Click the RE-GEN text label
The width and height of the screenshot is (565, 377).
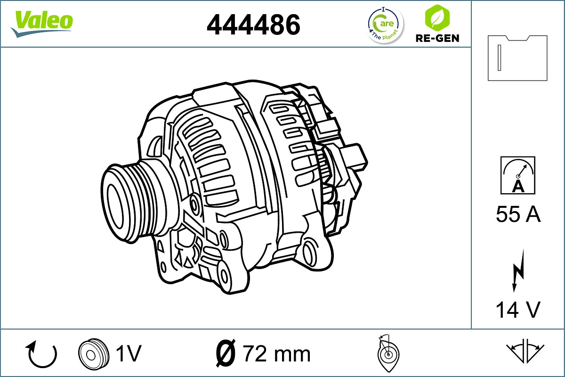point(437,38)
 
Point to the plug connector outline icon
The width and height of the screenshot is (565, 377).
point(517,57)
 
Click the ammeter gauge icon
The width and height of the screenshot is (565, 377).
point(518,175)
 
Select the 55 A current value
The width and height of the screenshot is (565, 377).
point(518,215)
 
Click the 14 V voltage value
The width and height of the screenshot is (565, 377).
point(518,310)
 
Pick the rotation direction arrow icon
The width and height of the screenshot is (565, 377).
point(42,354)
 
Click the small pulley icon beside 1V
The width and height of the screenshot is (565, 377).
point(90,353)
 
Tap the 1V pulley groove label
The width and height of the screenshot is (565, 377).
point(128,353)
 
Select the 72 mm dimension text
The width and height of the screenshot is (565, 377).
point(276,353)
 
